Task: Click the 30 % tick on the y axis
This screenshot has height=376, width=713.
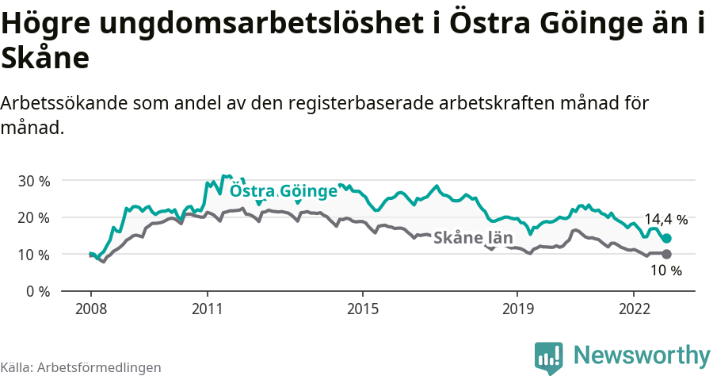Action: (33, 180)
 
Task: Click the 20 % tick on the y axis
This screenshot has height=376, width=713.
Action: (33, 217)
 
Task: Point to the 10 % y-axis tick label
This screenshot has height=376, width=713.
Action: (33, 255)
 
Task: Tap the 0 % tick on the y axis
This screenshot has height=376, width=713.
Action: (36, 291)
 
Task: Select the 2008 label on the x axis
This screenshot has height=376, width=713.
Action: (90, 308)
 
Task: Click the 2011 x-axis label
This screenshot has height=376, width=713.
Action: (207, 308)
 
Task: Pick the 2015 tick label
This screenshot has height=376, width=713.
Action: (362, 308)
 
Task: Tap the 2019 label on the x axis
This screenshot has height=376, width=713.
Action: (517, 308)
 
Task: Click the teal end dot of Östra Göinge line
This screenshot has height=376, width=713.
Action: (667, 238)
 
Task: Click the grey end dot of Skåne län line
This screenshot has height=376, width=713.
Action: (667, 254)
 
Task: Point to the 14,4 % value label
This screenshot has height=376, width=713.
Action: (665, 220)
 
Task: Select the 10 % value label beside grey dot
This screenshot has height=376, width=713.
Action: (665, 271)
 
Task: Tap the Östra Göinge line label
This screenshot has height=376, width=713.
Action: (283, 191)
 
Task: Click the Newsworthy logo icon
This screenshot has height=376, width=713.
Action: (549, 357)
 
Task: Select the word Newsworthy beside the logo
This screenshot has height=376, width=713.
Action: (642, 355)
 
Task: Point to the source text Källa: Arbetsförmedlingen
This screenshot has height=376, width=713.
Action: (81, 367)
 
